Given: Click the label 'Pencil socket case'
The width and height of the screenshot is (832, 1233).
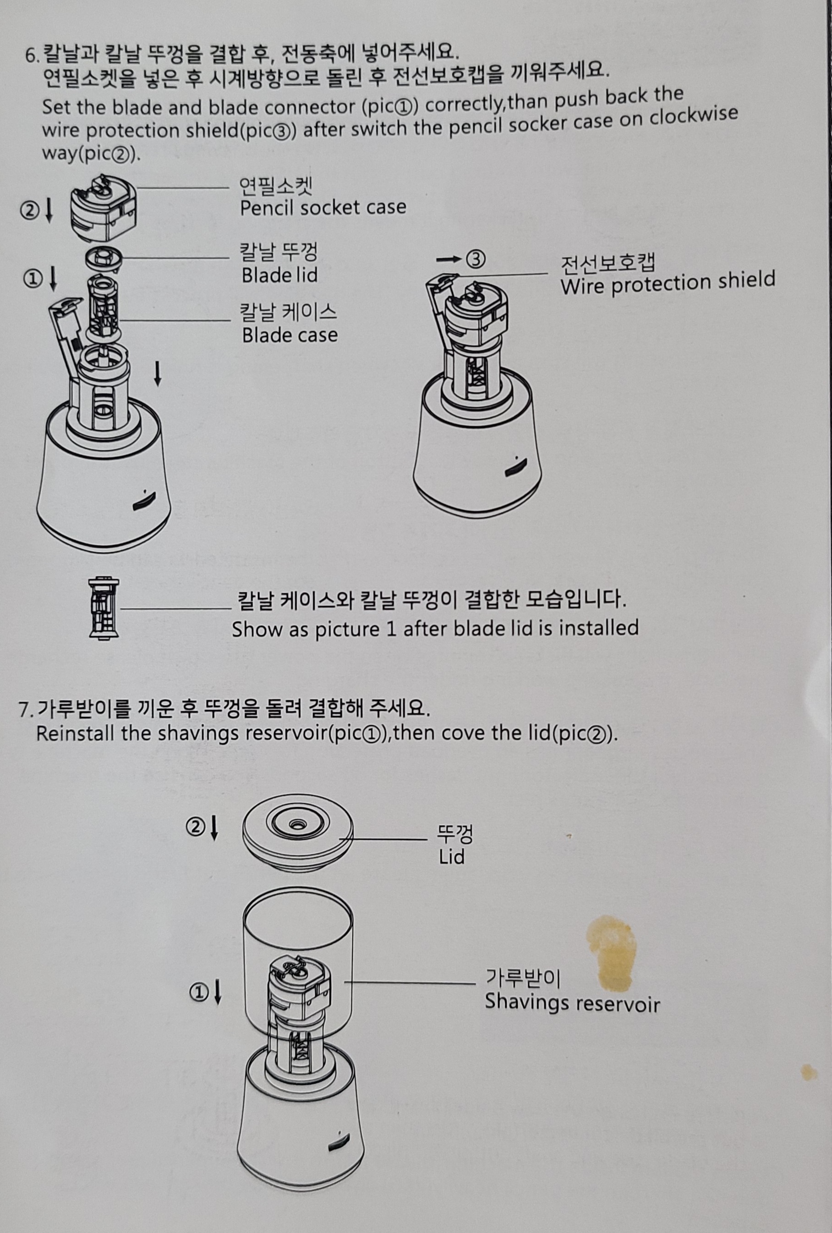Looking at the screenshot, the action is (323, 208).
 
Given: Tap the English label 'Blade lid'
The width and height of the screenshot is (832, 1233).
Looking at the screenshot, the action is (279, 275).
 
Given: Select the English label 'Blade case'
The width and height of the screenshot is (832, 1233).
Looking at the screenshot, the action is (290, 335).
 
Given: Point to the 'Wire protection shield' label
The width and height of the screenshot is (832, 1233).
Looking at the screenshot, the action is (668, 283).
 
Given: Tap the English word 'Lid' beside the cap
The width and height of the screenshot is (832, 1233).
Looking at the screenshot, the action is (452, 857).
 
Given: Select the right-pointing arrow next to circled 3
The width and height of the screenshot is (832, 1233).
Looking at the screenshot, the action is (449, 259).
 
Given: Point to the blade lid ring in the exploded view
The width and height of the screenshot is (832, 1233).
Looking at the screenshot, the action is (104, 259).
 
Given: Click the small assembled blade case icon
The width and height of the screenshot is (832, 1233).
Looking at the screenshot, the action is (104, 608).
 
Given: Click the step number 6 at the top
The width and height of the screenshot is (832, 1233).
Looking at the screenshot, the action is (30, 55).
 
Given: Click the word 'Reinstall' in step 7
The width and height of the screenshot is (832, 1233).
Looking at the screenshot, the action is (75, 734).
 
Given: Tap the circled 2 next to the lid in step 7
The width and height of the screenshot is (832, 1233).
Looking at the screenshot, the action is (194, 827).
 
